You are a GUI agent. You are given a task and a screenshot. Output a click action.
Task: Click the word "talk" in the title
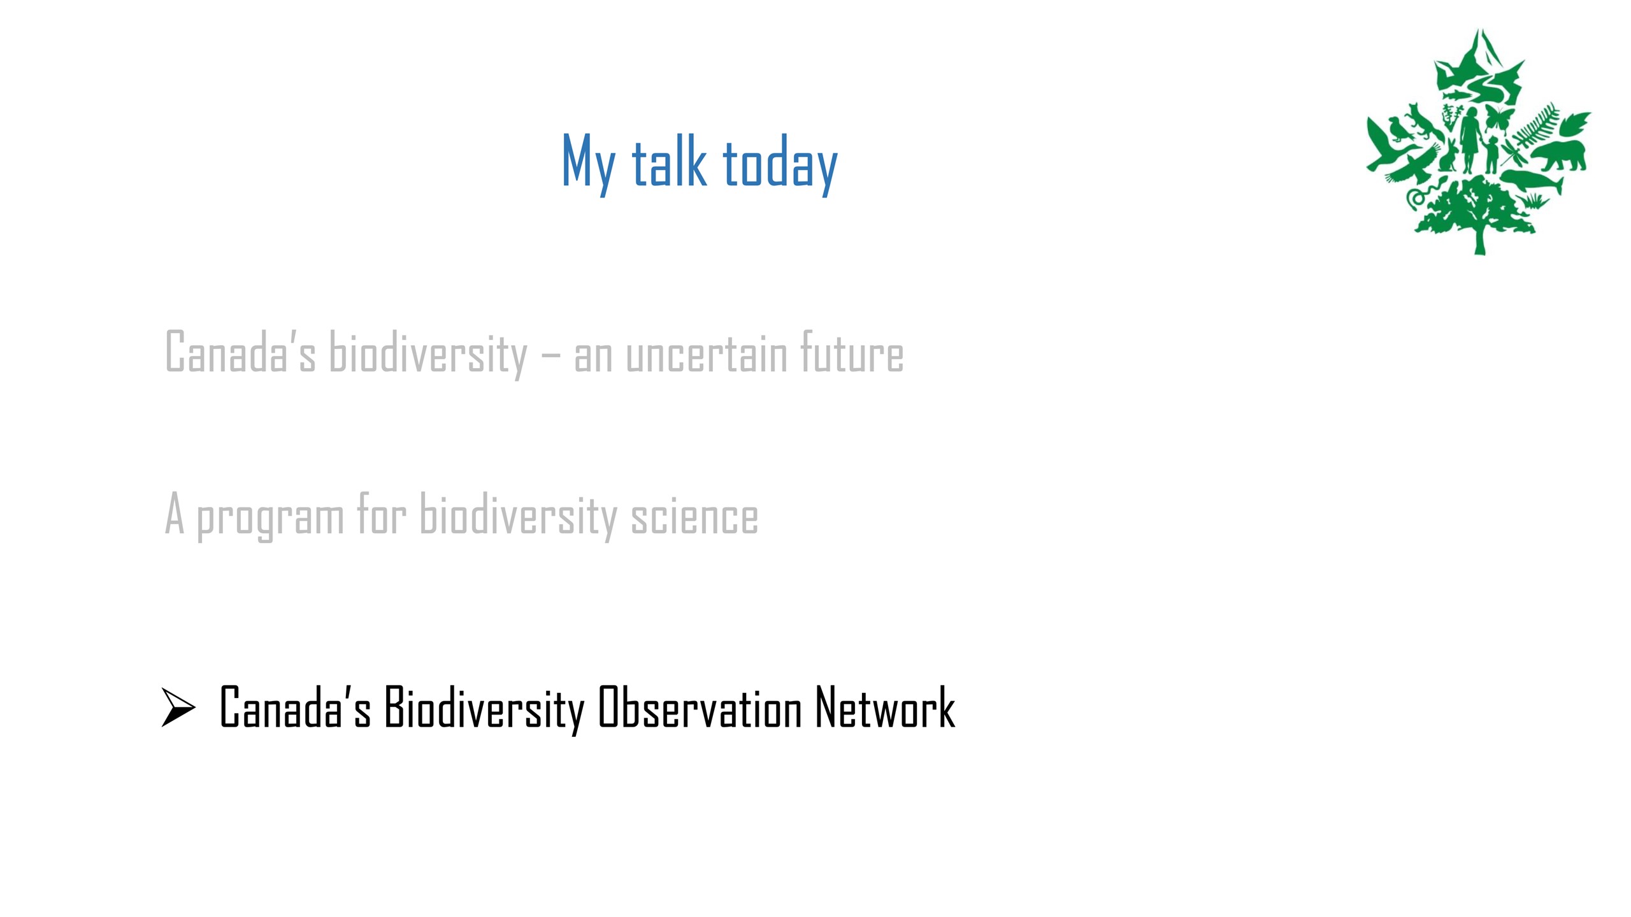point(669,162)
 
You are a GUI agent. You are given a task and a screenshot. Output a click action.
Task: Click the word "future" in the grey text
point(852,352)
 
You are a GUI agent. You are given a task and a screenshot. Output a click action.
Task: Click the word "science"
point(694,516)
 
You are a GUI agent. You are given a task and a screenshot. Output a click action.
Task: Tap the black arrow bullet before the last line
point(178,707)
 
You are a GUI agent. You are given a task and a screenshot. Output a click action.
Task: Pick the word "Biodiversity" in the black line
point(484,709)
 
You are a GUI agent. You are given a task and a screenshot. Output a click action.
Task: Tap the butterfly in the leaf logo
point(1499,118)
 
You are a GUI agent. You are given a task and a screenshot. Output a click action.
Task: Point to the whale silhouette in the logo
point(1532,182)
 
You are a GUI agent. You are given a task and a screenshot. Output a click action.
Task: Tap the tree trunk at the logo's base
point(1479,239)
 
